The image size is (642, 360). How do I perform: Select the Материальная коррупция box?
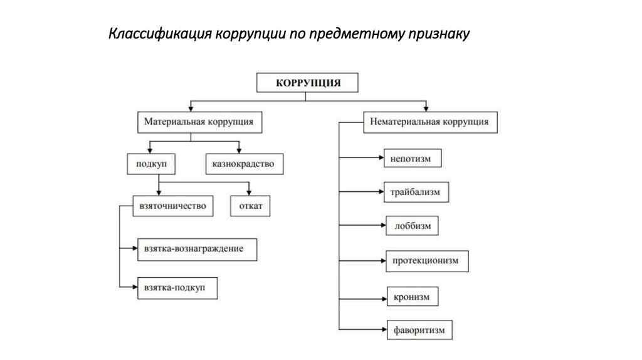pos(199,122)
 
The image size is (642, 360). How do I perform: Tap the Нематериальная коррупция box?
pos(430,122)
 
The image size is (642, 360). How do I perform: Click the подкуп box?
pos(150,164)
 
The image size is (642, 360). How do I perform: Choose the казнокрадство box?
pos(244,164)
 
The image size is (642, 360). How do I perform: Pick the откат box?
pos(250,206)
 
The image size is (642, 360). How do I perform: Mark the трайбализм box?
pos(416,193)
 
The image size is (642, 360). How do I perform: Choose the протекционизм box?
pos(426,260)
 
